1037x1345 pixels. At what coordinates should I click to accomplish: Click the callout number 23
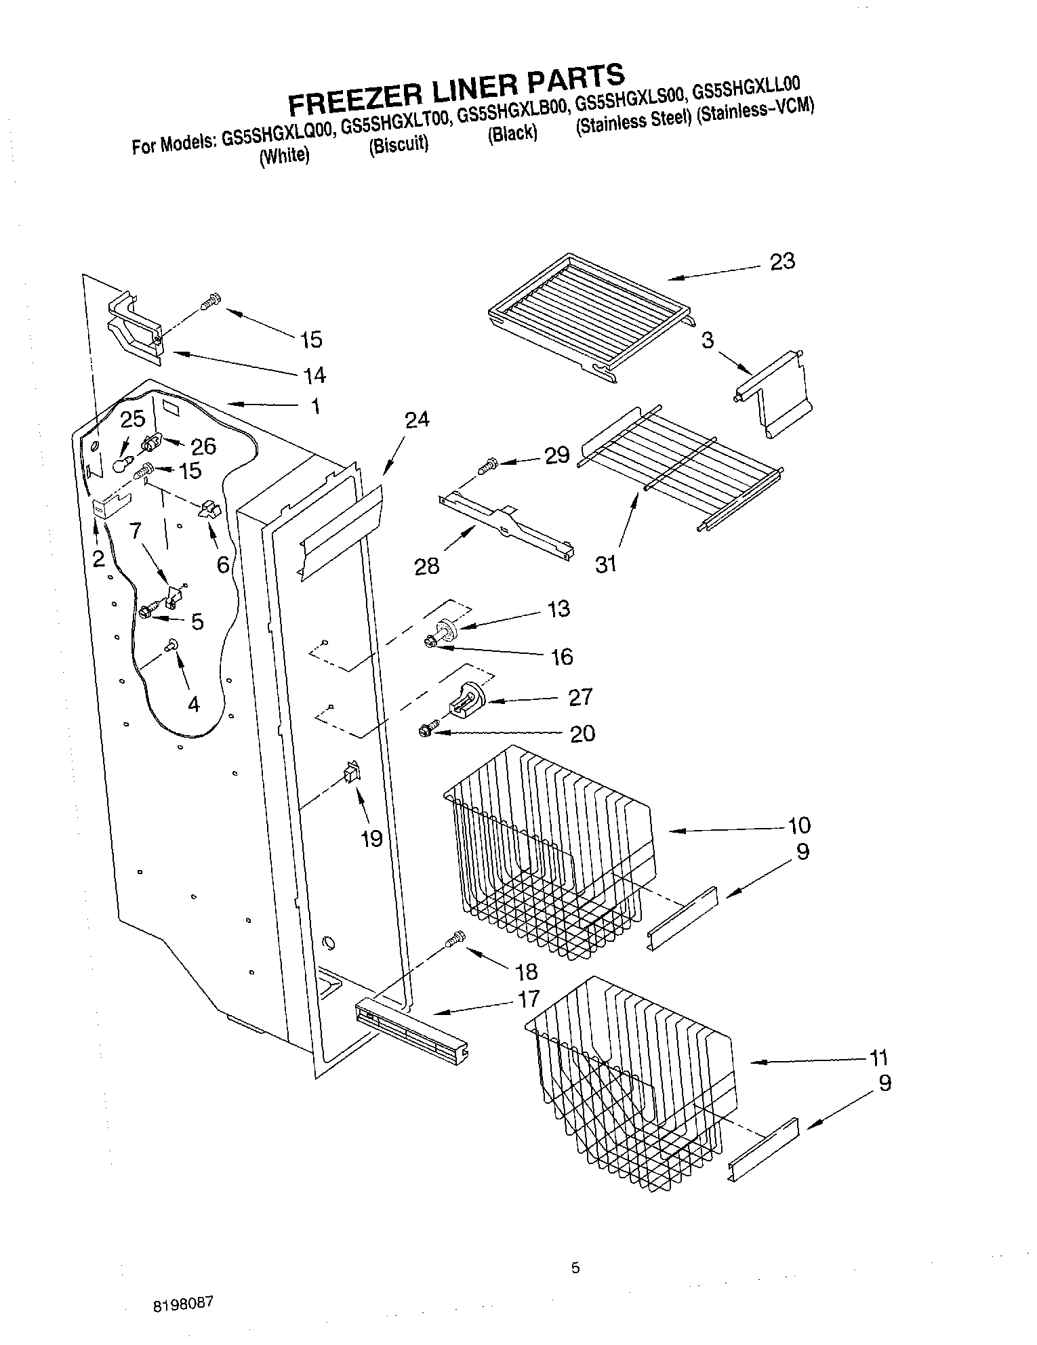coord(782,262)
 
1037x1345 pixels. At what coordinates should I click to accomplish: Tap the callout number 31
coord(605,563)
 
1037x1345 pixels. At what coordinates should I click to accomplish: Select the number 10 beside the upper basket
coord(799,825)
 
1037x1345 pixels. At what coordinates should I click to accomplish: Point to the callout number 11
coord(878,1058)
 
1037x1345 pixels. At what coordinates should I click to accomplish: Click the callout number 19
coord(371,839)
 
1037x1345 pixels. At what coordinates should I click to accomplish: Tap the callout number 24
coord(417,420)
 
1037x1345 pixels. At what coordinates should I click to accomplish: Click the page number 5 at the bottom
coord(575,1268)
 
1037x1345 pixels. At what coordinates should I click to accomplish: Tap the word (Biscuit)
coord(398,146)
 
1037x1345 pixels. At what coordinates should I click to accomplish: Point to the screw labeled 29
coord(487,465)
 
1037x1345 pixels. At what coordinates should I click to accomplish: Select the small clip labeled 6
coord(209,510)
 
